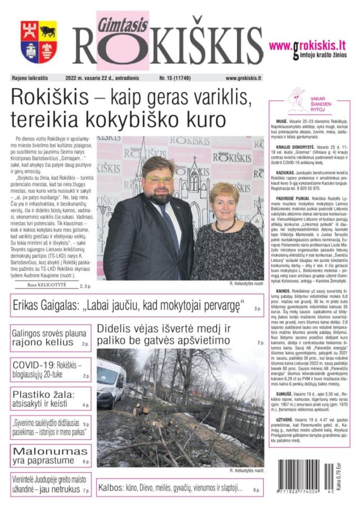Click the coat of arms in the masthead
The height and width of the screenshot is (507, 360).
click(39, 42)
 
